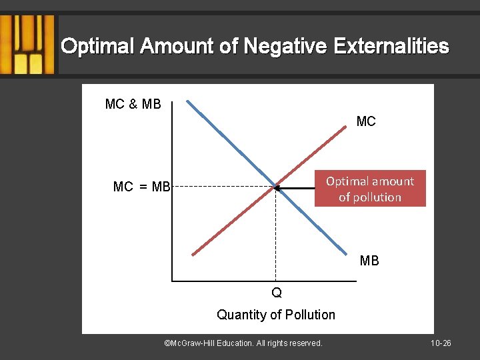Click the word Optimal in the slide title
[x=97, y=47]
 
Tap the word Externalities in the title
[x=398, y=47]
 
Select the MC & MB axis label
[x=133, y=104]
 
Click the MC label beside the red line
[x=366, y=121]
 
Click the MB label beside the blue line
[x=369, y=261]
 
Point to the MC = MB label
[x=142, y=187]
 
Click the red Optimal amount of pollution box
[x=370, y=189]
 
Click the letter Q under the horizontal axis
[x=276, y=293]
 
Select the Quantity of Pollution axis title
[x=276, y=315]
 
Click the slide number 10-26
[x=441, y=343]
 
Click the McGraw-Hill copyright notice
[x=243, y=343]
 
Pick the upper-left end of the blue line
[x=189, y=102]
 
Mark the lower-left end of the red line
[x=193, y=254]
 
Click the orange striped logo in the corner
[x=27, y=45]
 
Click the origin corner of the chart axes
[x=173, y=282]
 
